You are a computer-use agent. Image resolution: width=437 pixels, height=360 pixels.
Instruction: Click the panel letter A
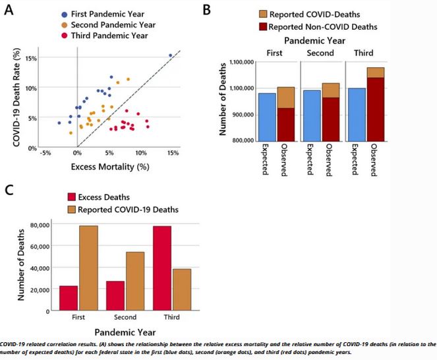[x=10, y=10]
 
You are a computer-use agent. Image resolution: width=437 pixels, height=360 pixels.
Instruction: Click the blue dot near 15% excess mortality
[x=170, y=55]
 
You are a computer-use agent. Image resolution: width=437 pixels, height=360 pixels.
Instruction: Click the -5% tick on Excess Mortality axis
[x=45, y=154]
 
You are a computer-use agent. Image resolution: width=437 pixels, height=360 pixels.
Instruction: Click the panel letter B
[x=206, y=10]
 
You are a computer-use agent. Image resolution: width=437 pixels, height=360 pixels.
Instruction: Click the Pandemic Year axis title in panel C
[x=126, y=333]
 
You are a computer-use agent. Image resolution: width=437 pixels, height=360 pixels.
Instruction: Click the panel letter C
[x=9, y=190]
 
